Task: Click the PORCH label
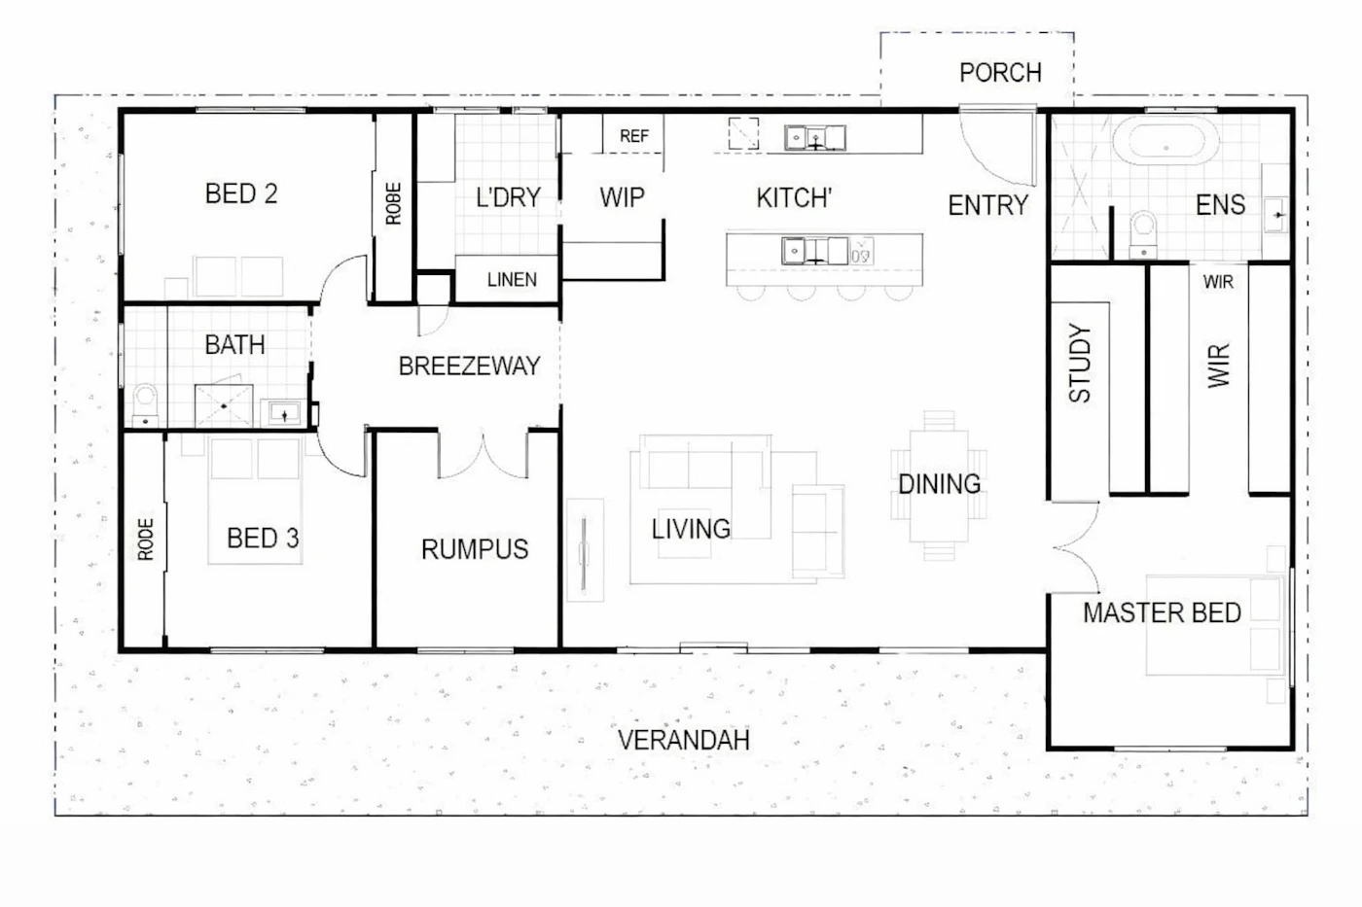(x=1000, y=73)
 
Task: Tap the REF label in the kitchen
(x=634, y=136)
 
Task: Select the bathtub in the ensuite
(x=1165, y=140)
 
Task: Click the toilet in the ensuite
(x=1144, y=234)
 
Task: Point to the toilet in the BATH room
(x=145, y=405)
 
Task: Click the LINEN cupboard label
(x=512, y=279)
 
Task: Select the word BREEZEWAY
(x=469, y=366)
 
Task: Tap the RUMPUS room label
(x=475, y=549)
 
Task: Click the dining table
(x=939, y=485)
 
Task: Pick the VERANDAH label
(x=683, y=740)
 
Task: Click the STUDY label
(x=1080, y=364)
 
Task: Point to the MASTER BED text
(x=1162, y=612)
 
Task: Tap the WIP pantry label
(x=622, y=197)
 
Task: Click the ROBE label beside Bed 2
(x=393, y=203)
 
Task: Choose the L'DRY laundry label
(x=508, y=197)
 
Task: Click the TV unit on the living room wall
(x=585, y=550)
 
